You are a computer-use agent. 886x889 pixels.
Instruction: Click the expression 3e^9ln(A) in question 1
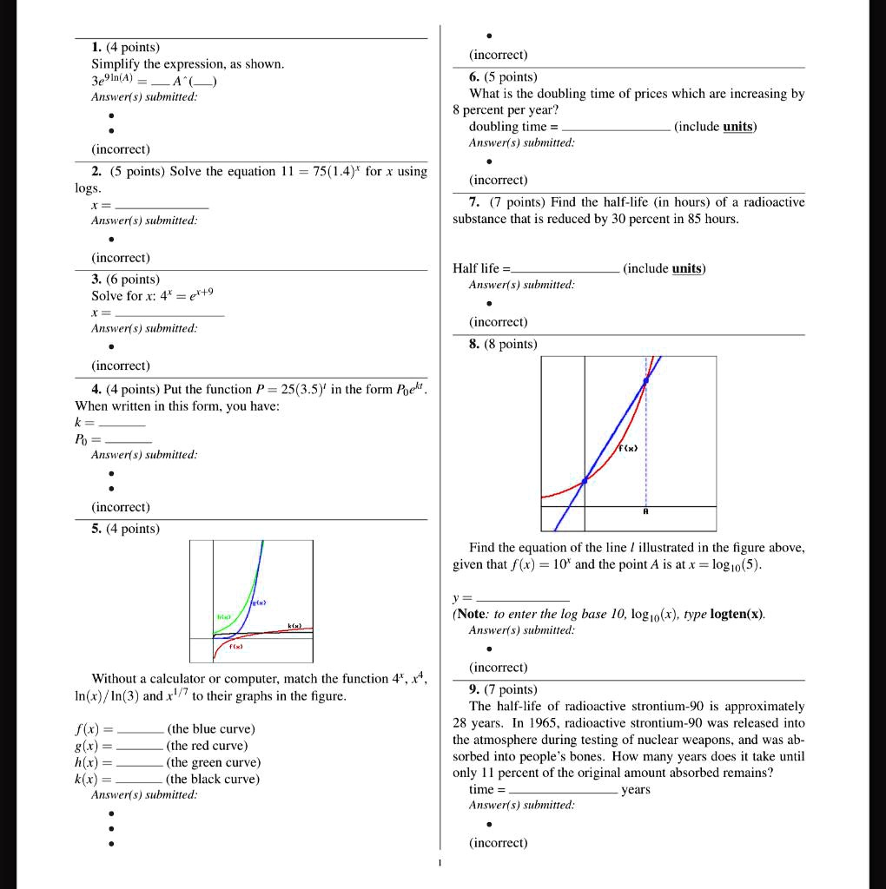pyautogui.click(x=123, y=81)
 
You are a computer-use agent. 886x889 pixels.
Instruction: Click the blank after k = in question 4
pyautogui.click(x=122, y=424)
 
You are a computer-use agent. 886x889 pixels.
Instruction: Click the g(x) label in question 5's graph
pyautogui.click(x=258, y=602)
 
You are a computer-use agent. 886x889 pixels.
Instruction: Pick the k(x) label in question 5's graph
pyautogui.click(x=294, y=625)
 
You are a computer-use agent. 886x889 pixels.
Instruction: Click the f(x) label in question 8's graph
pyautogui.click(x=630, y=449)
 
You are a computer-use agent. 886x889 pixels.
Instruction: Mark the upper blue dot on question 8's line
pyautogui.click(x=645, y=381)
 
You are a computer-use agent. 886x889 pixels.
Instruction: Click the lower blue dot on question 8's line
pyautogui.click(x=584, y=480)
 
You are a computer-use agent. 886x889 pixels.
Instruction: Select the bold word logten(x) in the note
pyautogui.click(x=736, y=615)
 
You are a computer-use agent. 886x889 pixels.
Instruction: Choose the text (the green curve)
pyautogui.click(x=213, y=762)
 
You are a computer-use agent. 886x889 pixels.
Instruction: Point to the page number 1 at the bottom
pyautogui.click(x=440, y=863)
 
